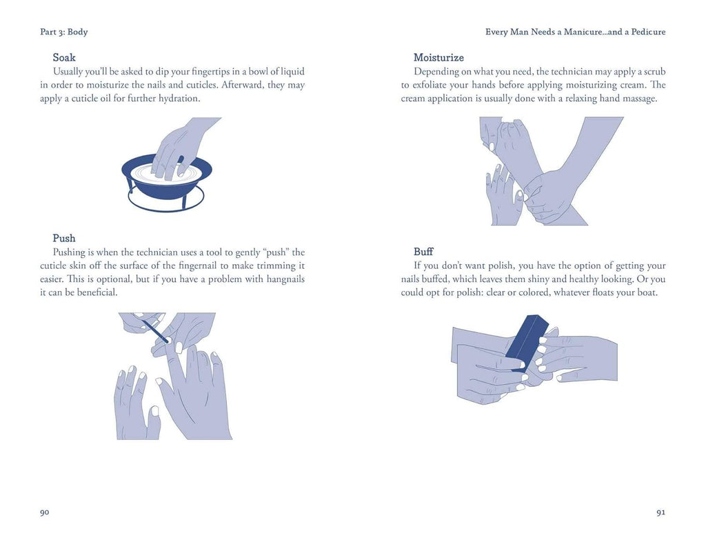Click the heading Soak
[x=64, y=57]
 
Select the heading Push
[x=64, y=239]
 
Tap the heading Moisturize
[x=438, y=57]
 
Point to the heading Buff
[x=423, y=252]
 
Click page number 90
[x=45, y=512]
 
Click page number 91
[x=660, y=512]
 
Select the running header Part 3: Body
[x=64, y=32]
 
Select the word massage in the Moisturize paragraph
[x=638, y=99]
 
